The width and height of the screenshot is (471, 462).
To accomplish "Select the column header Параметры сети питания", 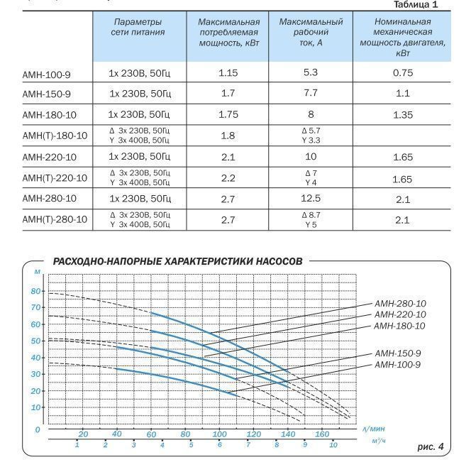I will click(x=138, y=27).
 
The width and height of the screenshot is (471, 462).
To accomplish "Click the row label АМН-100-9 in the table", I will click(x=46, y=73).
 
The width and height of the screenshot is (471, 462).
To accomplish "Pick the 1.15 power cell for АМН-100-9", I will click(x=228, y=73).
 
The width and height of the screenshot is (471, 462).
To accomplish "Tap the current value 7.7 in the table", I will click(x=311, y=93).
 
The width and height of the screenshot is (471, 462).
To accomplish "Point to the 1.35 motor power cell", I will click(x=403, y=114).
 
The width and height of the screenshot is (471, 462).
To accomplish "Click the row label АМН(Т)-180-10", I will click(x=55, y=136).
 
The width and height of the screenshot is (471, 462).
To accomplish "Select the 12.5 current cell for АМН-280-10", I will click(x=311, y=199).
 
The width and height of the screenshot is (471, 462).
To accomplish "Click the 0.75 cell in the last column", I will click(x=403, y=73).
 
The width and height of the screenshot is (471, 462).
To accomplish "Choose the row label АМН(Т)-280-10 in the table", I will click(x=55, y=220).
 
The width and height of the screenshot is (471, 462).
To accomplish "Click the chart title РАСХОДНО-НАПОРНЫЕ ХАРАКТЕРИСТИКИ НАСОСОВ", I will click(x=177, y=261).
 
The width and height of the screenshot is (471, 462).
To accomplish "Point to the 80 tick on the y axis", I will click(x=36, y=291).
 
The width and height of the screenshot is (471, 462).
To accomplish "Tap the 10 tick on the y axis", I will click(x=36, y=407).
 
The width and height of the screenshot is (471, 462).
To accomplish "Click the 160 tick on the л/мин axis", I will click(x=322, y=434).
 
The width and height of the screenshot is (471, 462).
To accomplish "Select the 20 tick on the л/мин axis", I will click(x=83, y=434).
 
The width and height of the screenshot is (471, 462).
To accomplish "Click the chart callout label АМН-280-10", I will click(x=400, y=304).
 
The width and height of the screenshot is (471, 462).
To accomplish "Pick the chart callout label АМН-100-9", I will click(x=398, y=365).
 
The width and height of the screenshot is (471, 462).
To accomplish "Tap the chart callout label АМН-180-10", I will click(x=400, y=326).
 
